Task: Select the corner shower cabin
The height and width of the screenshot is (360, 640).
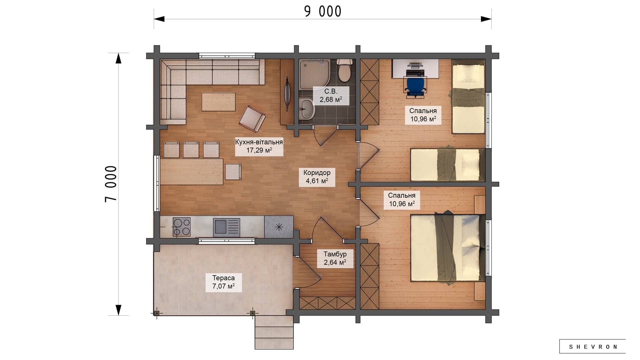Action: coord(314,75)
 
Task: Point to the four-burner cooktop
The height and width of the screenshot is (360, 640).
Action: coord(181,227)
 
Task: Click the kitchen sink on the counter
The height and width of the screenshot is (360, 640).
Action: coord(226,227)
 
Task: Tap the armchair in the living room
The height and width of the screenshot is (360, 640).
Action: coord(252,119)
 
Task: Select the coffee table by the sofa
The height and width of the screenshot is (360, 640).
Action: coord(218,102)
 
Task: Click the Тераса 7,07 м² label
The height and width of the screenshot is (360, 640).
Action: coord(223,282)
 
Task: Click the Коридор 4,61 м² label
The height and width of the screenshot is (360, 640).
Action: coord(317,177)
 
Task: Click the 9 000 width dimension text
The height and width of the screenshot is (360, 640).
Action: coord(323,12)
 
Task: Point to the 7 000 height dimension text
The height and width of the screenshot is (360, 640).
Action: coord(111,184)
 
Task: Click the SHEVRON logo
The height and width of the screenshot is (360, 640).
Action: coord(592,347)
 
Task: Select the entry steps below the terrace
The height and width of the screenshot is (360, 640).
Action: coord(274,332)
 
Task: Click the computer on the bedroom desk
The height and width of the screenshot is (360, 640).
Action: coord(415,69)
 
